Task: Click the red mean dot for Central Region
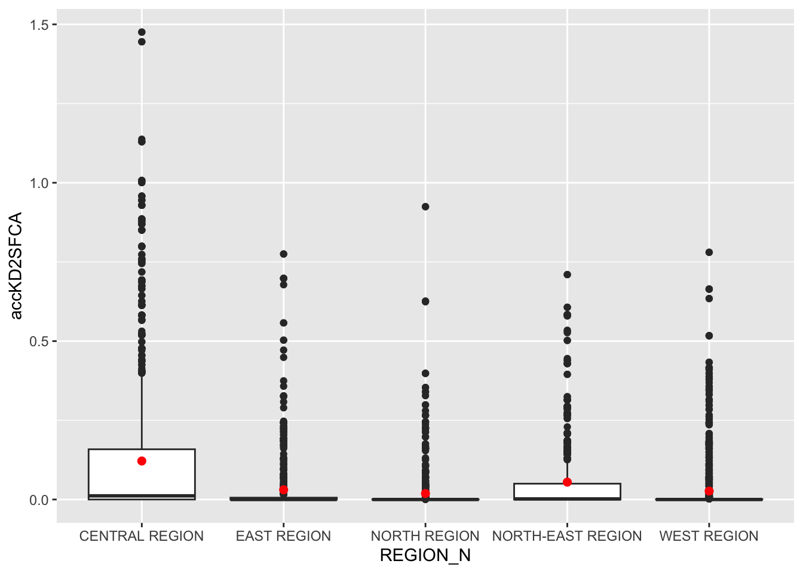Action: point(142,461)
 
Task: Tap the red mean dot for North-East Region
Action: point(567,482)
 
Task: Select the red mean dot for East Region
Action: point(283,489)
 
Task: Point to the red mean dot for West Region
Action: point(709,491)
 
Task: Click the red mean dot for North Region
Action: point(425,493)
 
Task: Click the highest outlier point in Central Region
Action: point(142,32)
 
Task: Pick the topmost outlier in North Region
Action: point(425,207)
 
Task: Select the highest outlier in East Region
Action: point(283,254)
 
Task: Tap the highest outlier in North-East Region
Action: point(567,275)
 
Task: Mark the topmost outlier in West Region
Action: point(709,252)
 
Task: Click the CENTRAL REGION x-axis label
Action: point(142,536)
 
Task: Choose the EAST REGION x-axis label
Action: point(283,536)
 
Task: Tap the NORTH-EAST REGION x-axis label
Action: point(567,536)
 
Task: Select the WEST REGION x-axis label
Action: point(709,536)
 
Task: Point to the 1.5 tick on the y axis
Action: point(40,24)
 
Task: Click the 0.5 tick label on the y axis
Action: point(40,341)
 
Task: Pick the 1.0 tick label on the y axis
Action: point(40,183)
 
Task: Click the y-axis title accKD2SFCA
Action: point(16,266)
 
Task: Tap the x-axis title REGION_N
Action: point(425,556)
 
